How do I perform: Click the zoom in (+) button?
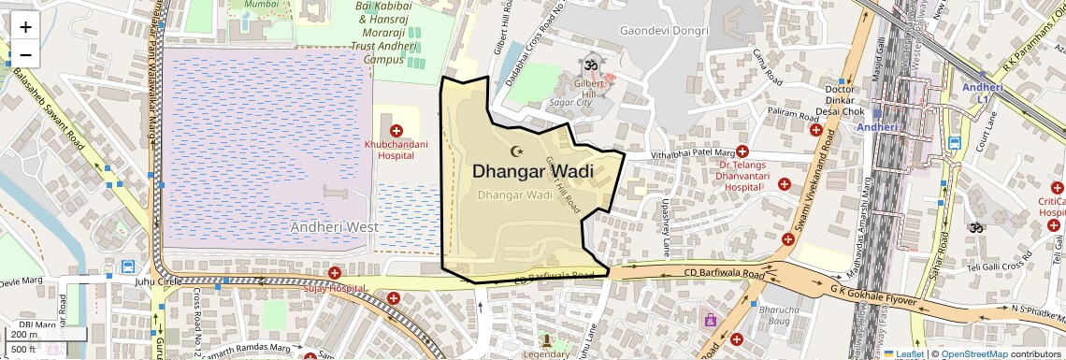(x=25, y=26)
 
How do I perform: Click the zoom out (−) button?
(x=25, y=54)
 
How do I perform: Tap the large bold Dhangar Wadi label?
(x=532, y=171)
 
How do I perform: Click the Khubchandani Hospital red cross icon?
(x=396, y=131)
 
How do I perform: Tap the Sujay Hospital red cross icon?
(x=334, y=272)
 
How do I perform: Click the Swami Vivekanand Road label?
(x=812, y=182)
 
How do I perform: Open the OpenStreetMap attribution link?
(x=974, y=353)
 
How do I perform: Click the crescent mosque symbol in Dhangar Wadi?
(x=515, y=151)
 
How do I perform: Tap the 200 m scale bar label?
(x=24, y=335)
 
